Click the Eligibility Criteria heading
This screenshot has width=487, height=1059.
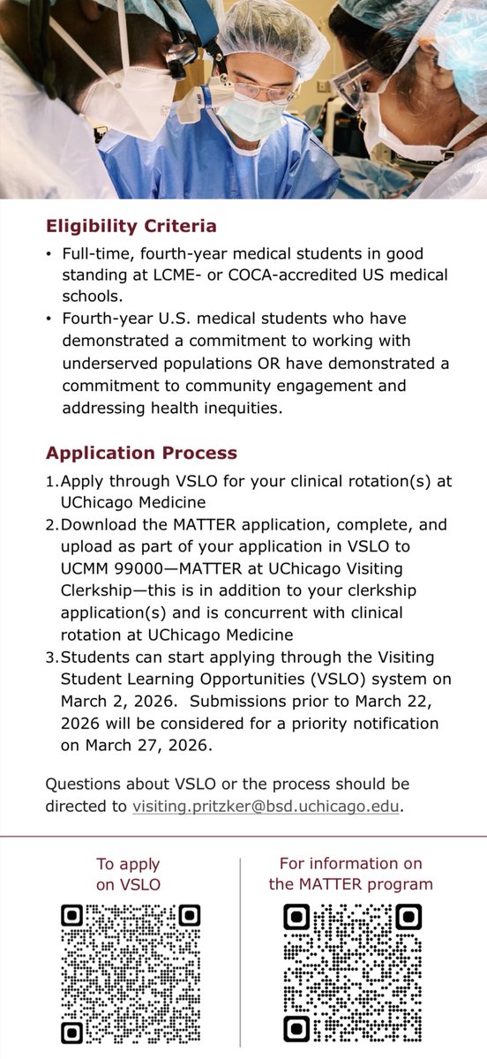tap(131, 226)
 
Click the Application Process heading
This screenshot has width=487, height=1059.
tap(141, 453)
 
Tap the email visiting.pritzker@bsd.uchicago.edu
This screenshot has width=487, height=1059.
tap(266, 805)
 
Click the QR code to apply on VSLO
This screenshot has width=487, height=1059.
tap(130, 973)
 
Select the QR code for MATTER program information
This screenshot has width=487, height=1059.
tap(352, 973)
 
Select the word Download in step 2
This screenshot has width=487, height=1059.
tap(98, 525)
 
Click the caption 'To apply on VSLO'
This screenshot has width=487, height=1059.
tap(130, 875)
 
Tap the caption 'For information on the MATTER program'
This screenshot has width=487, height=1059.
tap(351, 874)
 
